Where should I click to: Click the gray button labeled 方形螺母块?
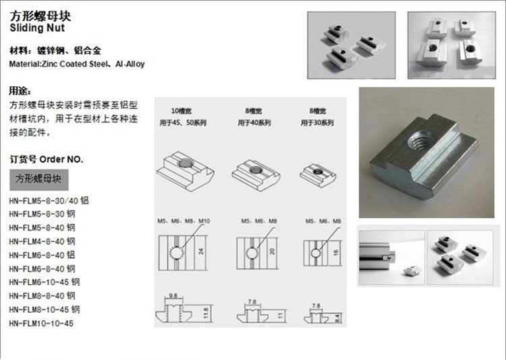coord(38,180)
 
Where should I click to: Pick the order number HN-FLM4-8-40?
coord(42,241)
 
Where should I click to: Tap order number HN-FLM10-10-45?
coord(41,323)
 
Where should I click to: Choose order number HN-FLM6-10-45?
coord(44,282)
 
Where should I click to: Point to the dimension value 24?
coord(201,250)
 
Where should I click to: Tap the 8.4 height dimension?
coord(337,314)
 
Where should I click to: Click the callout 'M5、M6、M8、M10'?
coord(182,221)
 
